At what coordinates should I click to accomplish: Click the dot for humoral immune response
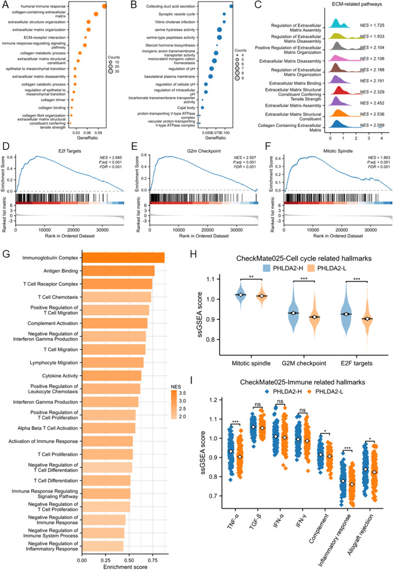click(x=104, y=6)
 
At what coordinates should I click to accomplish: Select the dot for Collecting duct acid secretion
click(x=231, y=6)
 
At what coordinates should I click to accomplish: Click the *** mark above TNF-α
click(x=235, y=422)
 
